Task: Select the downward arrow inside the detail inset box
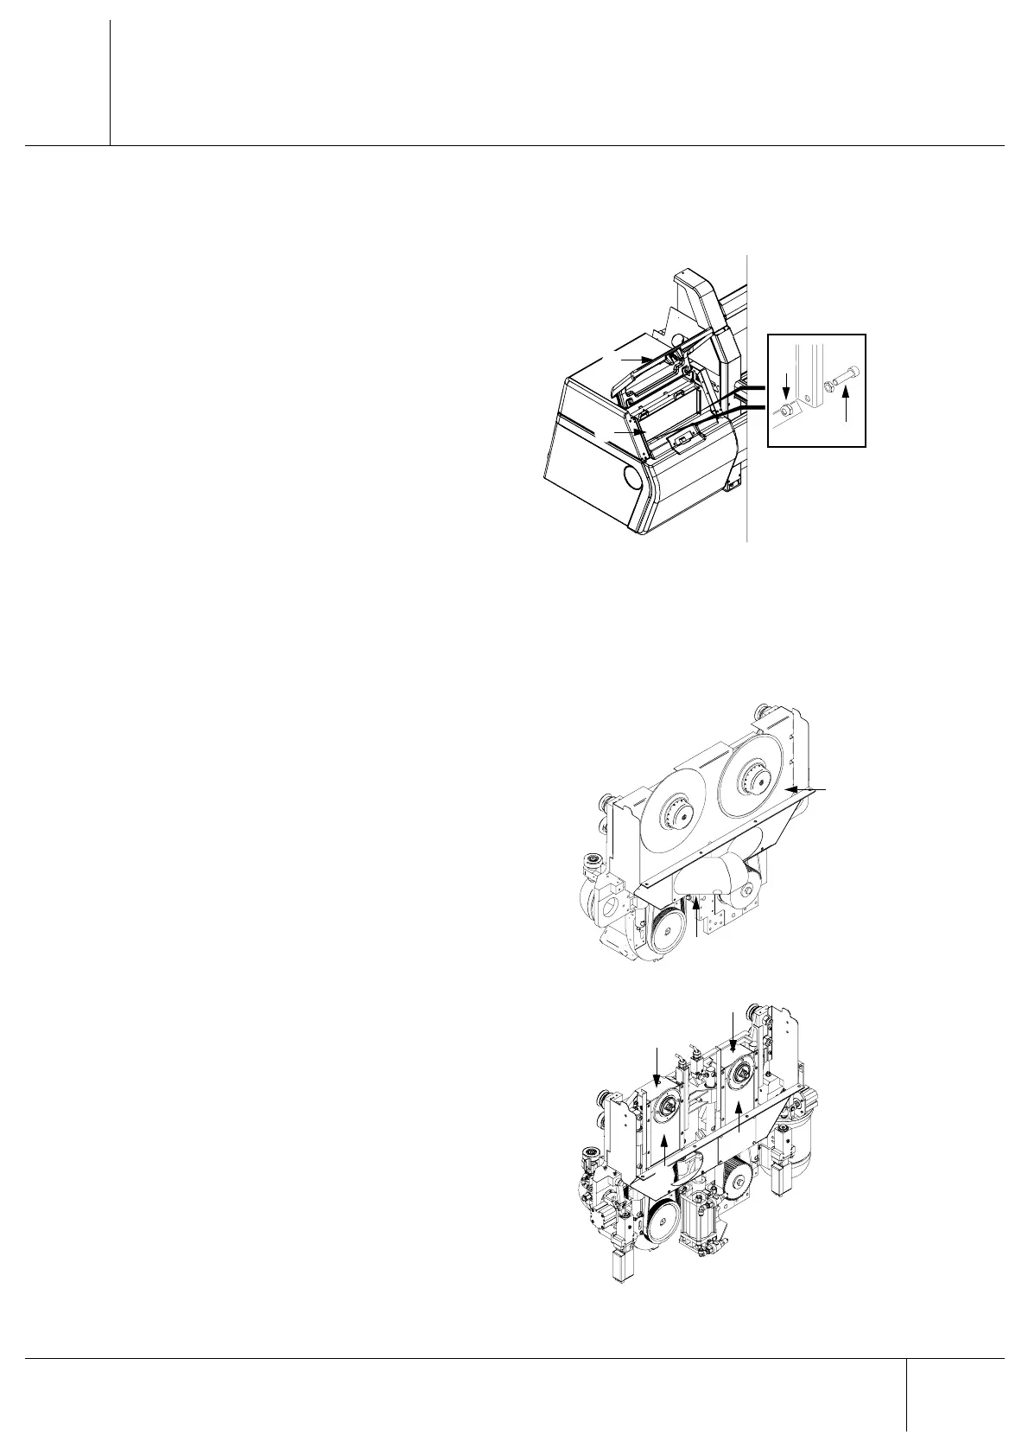(785, 387)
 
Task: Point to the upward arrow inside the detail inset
(847, 406)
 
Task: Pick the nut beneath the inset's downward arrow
(785, 410)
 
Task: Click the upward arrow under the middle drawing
(696, 915)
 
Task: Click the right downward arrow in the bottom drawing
(733, 1029)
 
